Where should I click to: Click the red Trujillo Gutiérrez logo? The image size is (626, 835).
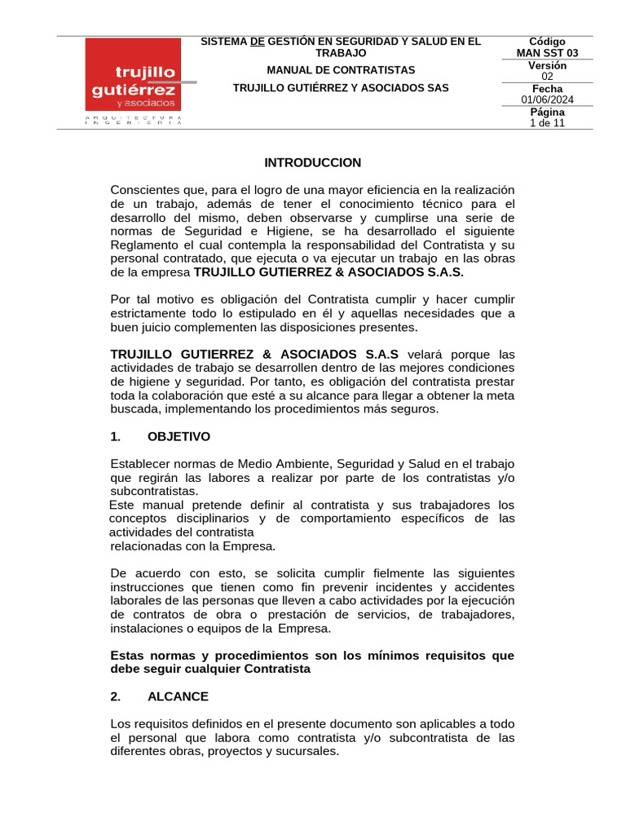(132, 75)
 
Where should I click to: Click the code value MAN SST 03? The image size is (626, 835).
(547, 53)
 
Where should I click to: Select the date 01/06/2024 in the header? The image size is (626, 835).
(547, 99)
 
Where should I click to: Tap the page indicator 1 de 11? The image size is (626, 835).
(547, 123)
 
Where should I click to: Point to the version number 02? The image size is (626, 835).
(547, 76)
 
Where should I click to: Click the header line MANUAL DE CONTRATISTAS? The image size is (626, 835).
(341, 70)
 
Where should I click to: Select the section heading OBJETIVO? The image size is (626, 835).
(179, 436)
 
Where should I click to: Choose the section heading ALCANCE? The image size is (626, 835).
(178, 696)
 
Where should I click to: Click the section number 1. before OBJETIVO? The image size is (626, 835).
(115, 436)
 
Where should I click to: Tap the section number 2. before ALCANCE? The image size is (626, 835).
(115, 696)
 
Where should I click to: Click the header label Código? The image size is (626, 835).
(547, 42)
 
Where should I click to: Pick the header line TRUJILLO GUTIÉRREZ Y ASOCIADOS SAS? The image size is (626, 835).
(341, 87)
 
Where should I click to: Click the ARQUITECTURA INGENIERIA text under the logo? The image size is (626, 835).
(132, 120)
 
